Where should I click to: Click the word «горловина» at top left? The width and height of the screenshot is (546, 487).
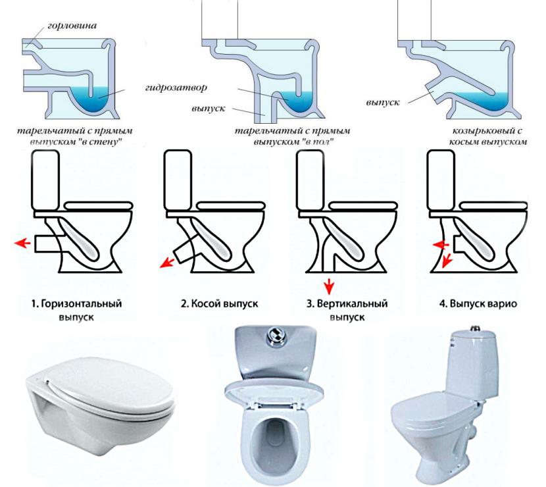72,26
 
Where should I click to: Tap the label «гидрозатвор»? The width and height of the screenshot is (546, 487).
176,87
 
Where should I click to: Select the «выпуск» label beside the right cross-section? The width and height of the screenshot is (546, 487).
383,103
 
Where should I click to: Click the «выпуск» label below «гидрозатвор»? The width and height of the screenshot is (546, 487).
209,109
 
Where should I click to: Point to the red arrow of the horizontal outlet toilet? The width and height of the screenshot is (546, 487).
22,243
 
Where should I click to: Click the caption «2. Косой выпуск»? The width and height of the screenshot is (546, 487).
219,303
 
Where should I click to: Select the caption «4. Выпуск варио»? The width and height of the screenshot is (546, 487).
478,303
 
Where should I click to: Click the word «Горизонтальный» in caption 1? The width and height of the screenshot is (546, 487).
82,303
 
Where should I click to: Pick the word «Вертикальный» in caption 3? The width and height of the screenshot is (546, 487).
352,303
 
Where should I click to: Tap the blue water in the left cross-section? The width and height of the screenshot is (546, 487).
93,99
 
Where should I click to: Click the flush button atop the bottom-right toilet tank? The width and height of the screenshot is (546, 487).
474,328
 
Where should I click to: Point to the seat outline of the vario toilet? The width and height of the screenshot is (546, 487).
494,205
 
